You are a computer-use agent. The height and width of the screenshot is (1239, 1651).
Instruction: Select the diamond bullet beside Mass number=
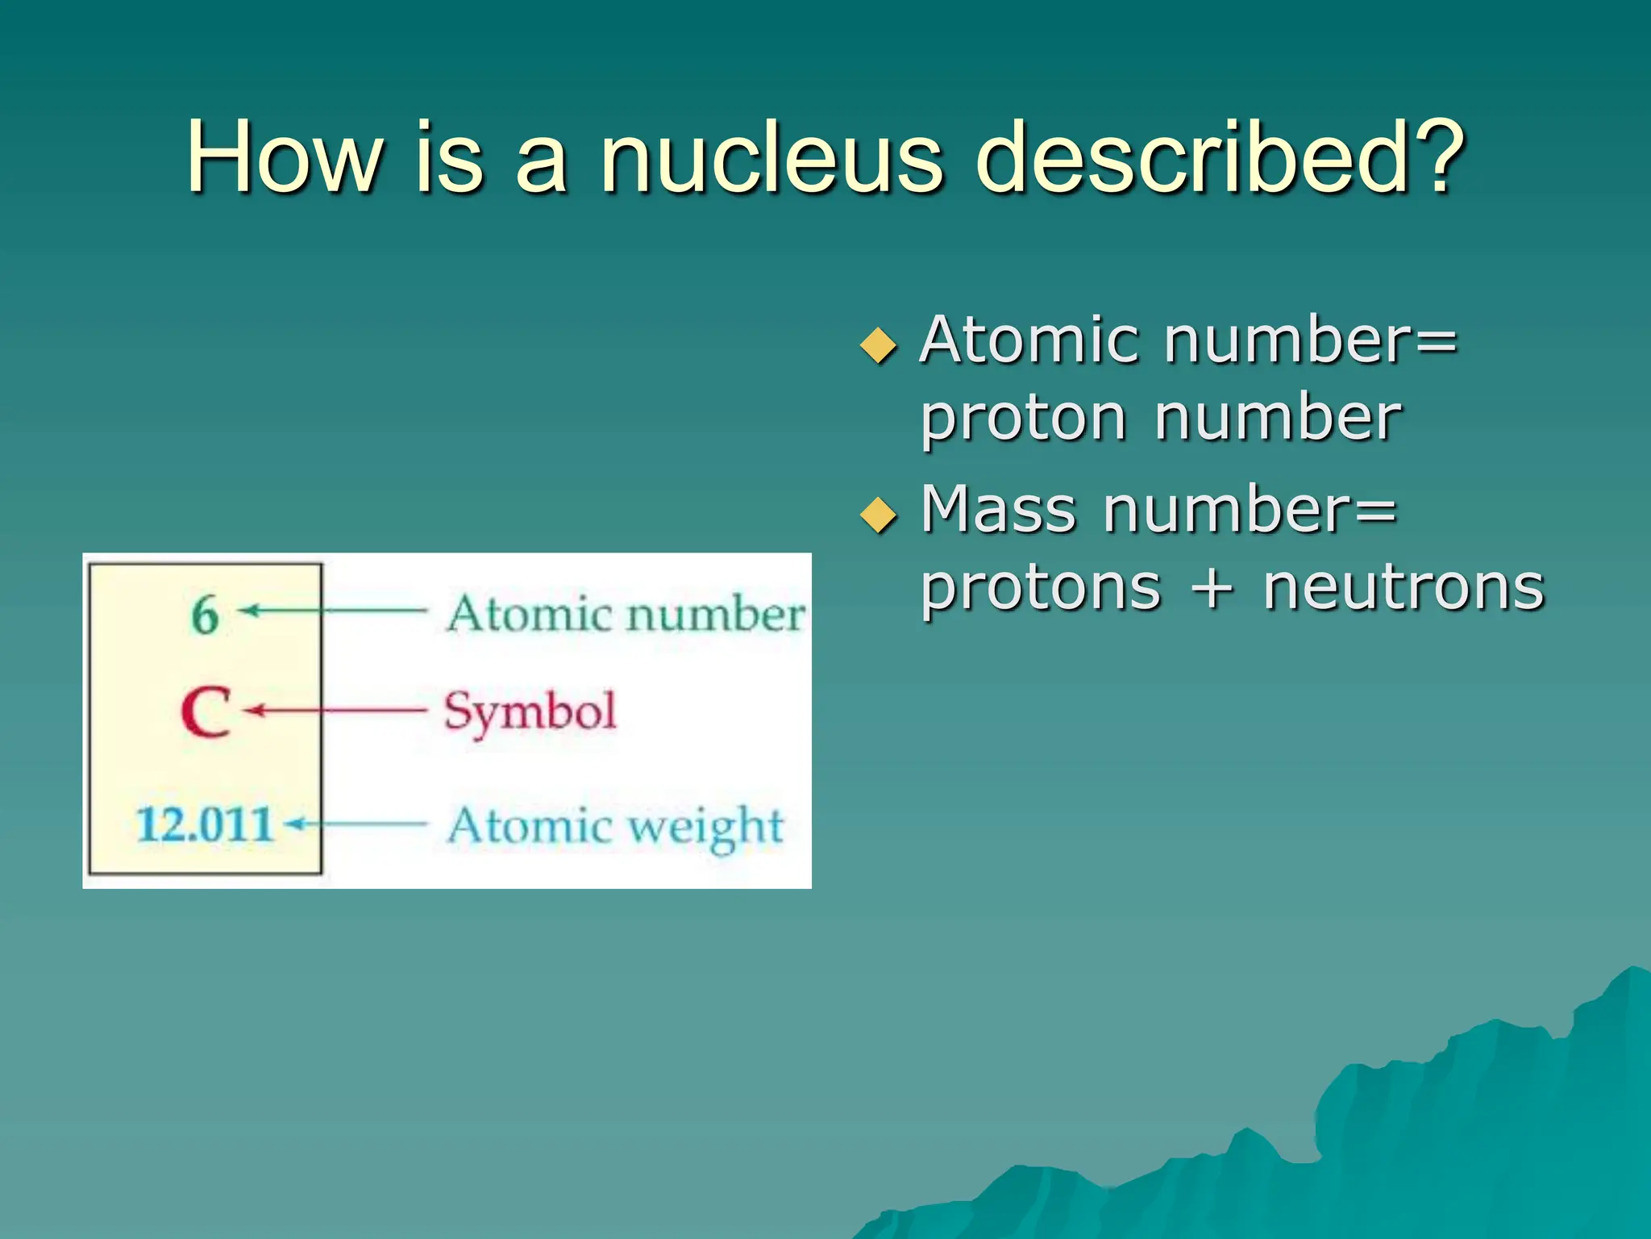click(878, 515)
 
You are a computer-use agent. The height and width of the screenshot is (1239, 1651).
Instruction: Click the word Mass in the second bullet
click(998, 510)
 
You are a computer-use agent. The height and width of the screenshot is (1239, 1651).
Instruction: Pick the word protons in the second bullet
click(1041, 589)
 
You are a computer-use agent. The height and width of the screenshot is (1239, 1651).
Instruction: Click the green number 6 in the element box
click(205, 615)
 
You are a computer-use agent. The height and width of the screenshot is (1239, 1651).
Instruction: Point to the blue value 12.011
click(205, 824)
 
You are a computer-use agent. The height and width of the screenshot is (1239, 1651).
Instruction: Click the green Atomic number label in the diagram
click(626, 615)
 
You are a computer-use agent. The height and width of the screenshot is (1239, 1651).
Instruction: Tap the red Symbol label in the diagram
click(530, 711)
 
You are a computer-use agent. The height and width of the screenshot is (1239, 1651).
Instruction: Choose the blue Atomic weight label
click(615, 826)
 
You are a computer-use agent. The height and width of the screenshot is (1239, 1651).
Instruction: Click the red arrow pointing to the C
click(335, 711)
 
